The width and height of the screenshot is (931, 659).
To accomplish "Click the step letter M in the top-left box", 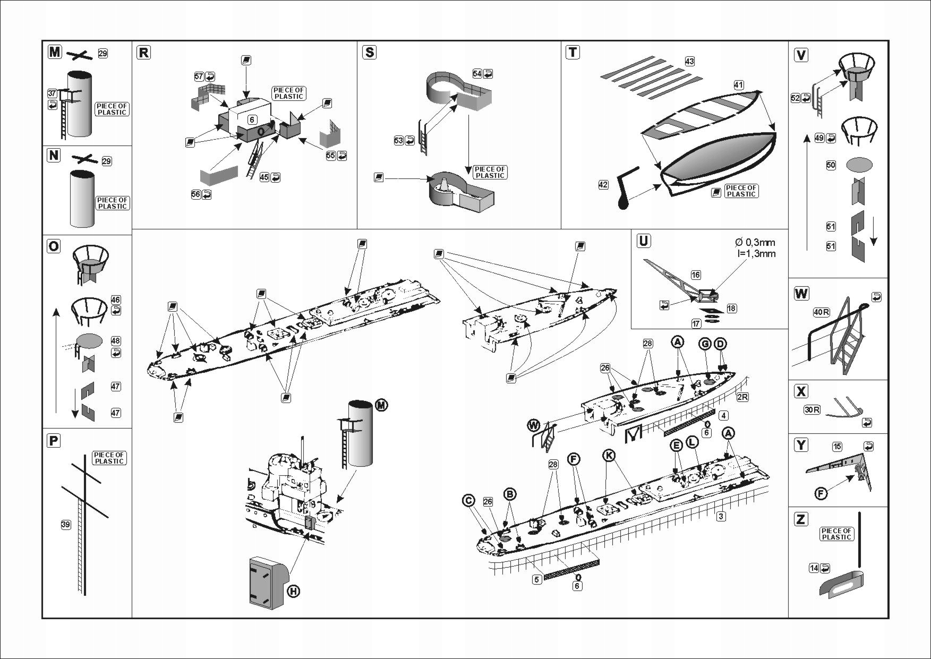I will tap(55, 52).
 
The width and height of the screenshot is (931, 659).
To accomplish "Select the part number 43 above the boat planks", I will tap(689, 61).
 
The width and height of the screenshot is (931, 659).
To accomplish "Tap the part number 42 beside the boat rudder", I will tap(603, 185).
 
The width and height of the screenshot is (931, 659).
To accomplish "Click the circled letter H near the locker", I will tap(293, 590).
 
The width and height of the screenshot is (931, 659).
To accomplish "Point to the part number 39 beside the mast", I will tap(65, 525).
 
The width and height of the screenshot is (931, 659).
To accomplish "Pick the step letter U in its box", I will tap(643, 241).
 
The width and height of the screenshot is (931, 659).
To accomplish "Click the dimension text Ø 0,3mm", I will tap(755, 242).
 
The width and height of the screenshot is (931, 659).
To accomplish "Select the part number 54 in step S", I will tap(477, 73).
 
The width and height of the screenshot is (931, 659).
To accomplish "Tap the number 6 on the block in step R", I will tap(252, 120).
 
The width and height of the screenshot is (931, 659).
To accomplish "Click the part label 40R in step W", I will tap(821, 312).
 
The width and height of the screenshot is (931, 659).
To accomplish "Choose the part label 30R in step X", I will tap(812, 410).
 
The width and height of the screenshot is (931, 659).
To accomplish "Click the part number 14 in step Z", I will tap(814, 568).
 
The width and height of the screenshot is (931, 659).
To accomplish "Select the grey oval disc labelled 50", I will tap(858, 165).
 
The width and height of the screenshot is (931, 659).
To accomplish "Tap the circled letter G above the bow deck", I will tap(705, 344).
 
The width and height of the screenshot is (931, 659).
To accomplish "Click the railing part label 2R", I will tap(742, 397).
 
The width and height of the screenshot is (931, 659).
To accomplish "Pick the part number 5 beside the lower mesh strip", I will tap(537, 579).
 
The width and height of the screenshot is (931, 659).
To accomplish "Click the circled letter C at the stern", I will tap(468, 500).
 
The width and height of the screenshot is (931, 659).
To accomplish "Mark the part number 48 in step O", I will tap(115, 341).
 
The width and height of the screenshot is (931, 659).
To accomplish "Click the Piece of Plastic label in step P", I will tap(109, 458).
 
